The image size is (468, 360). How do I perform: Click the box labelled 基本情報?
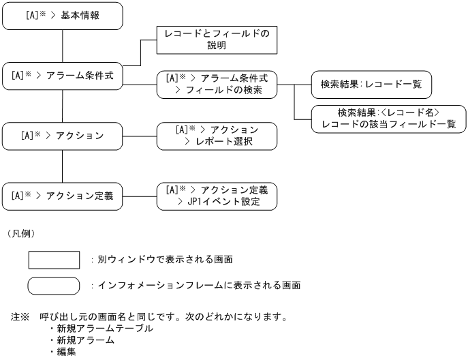[63, 16]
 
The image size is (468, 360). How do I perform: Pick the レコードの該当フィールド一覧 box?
[388, 118]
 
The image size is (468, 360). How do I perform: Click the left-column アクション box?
[63, 136]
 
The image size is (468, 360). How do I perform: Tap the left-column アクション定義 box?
[63, 195]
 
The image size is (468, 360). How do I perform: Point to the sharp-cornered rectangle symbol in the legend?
[54, 260]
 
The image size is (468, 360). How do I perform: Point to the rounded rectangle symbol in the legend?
[54, 285]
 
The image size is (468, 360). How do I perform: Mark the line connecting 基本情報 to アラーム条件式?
[63, 46]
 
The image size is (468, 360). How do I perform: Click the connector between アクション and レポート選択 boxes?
[140, 136]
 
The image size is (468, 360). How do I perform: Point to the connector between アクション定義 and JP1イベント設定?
[140, 195]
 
